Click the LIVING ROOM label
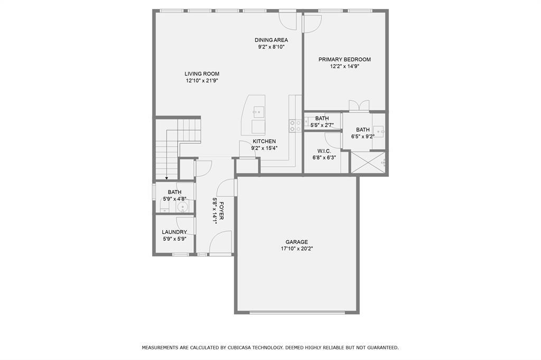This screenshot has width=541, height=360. coord(202,74)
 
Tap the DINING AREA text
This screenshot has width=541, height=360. coord(271,40)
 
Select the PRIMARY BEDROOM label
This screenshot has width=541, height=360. coord(344,60)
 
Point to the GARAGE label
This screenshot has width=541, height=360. coord(296,242)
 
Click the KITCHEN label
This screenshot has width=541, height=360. coord(264,141)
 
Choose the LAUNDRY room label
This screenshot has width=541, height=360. coord(174,232)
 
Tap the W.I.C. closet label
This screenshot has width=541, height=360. coord(324,151)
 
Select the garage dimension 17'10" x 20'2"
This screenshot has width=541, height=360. coord(296,249)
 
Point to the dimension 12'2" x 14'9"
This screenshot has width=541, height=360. coord(344,67)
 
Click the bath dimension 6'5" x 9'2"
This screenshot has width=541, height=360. coord(362,136)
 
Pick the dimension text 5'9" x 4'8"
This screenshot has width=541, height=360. coord(174,198)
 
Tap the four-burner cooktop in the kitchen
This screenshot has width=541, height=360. coord(295,126)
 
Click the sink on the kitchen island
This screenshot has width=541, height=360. coord(258,111)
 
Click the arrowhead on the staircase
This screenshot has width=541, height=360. coord(166,178)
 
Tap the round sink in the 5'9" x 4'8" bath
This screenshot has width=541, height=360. coord(183,207)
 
